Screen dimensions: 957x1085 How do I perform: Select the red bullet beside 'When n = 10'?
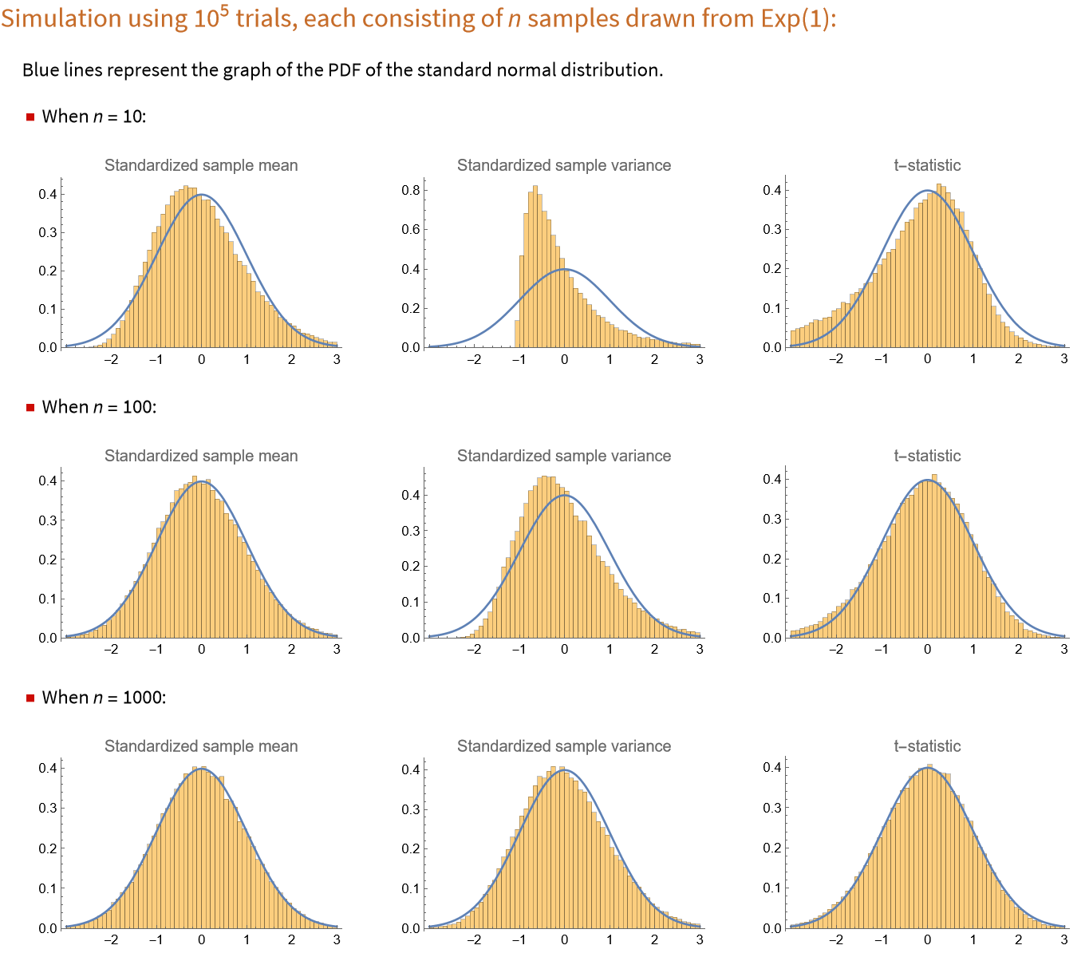30,117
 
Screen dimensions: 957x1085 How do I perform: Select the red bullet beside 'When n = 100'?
30,408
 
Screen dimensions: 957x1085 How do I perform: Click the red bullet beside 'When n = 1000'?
30,698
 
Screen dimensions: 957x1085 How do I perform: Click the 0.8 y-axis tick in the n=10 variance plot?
410,190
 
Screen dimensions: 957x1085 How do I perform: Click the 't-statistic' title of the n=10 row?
927,165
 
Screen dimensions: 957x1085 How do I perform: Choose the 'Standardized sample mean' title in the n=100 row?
201,456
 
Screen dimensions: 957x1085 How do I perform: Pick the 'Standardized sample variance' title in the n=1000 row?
564,746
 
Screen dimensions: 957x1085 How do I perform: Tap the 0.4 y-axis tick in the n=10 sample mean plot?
48,194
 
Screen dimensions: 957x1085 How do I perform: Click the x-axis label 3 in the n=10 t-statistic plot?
1063,359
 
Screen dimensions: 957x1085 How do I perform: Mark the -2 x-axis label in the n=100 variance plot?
473,650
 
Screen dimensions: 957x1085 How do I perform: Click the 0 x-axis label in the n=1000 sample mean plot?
201,940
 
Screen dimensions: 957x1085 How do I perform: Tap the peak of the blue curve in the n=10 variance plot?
564,269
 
